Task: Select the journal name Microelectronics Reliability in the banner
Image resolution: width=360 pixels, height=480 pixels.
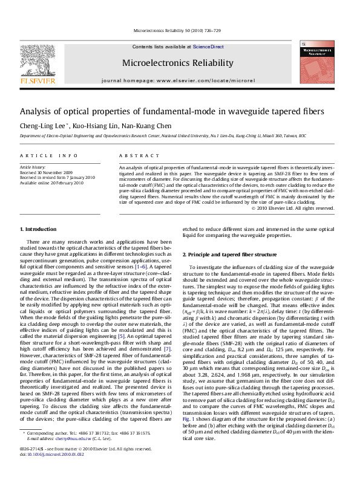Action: [x=177, y=63]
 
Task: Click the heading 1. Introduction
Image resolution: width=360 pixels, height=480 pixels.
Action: [x=39, y=229]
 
